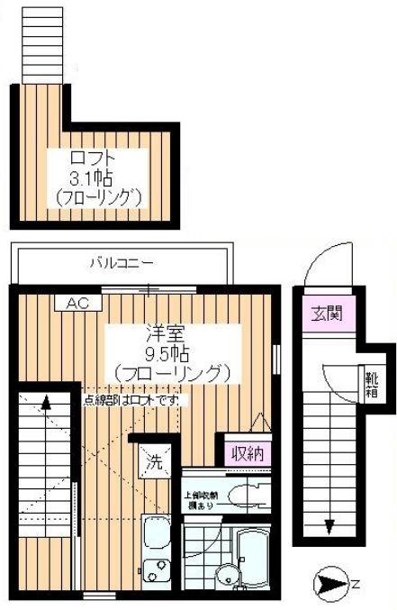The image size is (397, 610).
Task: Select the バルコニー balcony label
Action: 122,264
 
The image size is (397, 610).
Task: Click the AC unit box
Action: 77,303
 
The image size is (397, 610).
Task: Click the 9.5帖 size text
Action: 171,351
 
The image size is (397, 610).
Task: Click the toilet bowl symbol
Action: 243,496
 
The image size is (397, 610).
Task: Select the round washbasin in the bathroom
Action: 228,577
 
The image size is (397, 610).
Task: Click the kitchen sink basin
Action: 155,536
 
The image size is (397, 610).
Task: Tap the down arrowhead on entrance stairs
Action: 330,530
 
